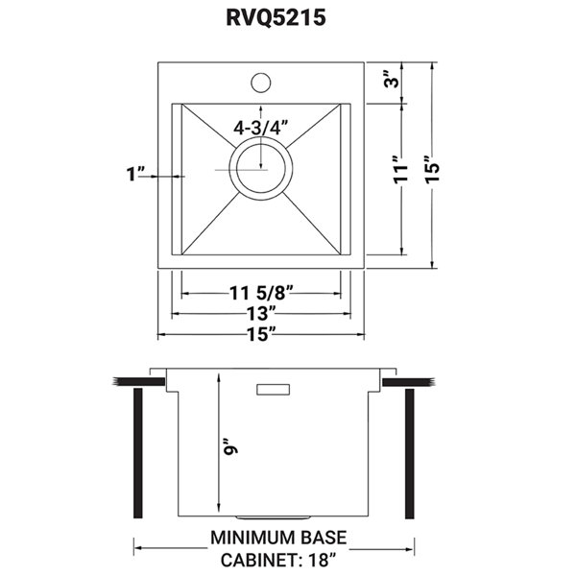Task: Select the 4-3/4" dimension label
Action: (262, 126)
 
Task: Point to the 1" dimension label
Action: (135, 174)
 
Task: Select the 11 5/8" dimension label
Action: (261, 294)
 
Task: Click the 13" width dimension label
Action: (261, 313)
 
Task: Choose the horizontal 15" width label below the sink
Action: (261, 333)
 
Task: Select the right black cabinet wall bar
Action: (410, 450)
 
